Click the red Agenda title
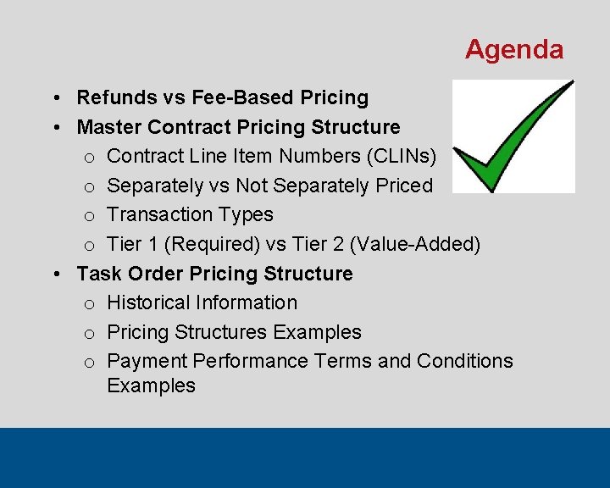[x=513, y=50]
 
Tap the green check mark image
[x=513, y=136]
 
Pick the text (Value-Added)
[x=415, y=244]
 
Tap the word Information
[x=249, y=302]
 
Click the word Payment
[x=147, y=361]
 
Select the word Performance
[x=250, y=361]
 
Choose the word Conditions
[x=464, y=361]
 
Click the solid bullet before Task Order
[x=55, y=274]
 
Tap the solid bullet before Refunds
[x=55, y=97]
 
